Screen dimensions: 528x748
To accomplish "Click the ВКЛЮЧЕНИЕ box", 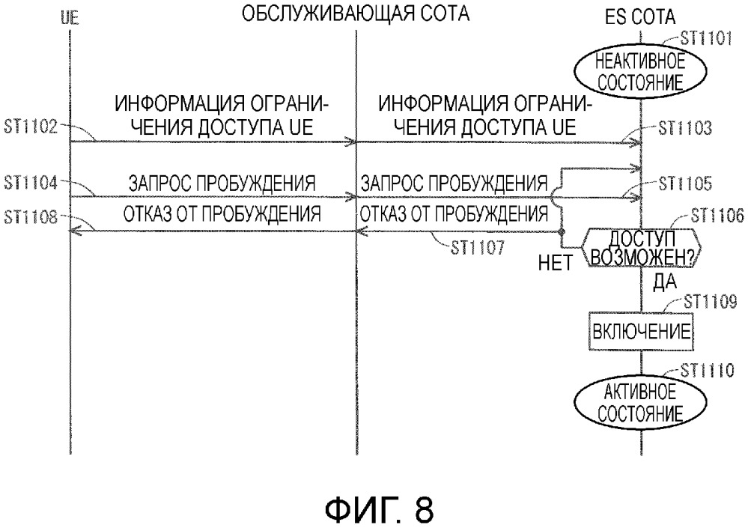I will (x=642, y=330).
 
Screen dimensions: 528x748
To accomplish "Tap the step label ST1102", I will (x=30, y=128).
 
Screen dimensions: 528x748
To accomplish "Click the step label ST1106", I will (x=717, y=216).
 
